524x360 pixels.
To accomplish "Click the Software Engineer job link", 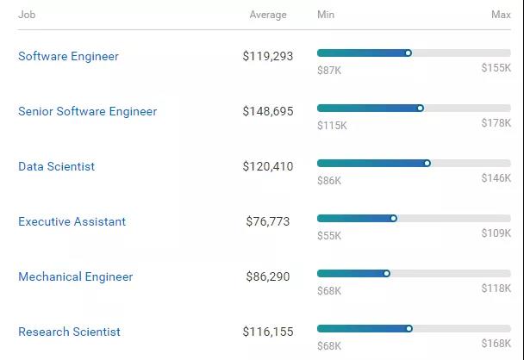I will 68,56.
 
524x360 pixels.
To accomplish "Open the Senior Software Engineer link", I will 87,111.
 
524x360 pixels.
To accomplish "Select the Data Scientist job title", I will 56,166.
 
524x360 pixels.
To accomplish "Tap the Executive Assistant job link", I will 72,221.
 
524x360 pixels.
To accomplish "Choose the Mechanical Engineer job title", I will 75,276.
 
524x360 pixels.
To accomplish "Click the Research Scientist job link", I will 69,332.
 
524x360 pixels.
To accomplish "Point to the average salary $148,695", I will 267,111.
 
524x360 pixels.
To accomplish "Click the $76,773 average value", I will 267,221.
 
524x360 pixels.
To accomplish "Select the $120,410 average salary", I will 267,166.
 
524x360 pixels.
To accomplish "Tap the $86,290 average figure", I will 267,276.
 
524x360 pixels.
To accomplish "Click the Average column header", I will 268,15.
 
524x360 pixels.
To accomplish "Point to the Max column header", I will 501,15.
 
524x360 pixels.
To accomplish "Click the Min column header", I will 326,15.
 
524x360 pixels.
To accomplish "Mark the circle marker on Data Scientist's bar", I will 427,163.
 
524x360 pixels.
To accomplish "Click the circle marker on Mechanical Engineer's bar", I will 386,273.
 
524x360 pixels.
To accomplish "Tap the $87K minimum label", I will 329,70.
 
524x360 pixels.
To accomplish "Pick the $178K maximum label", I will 496,123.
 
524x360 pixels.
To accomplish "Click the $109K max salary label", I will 496,233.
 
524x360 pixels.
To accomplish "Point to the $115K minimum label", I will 332,125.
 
